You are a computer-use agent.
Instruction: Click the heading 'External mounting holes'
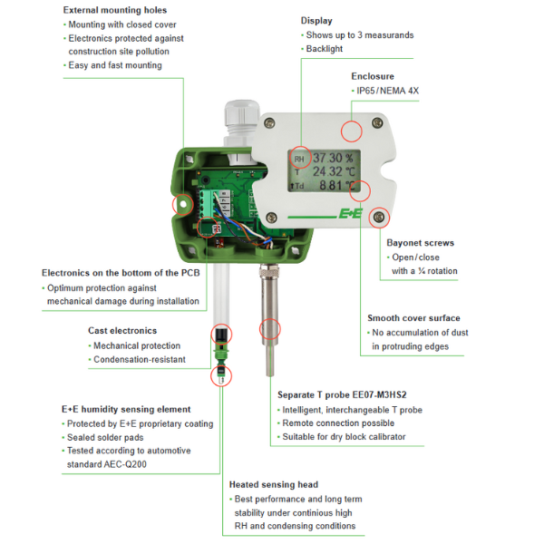coord(115,10)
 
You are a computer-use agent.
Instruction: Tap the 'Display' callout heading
coord(316,21)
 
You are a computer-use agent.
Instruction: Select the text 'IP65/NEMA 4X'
coord(387,91)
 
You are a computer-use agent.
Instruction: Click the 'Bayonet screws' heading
coord(420,243)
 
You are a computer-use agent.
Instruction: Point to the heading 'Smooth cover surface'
coord(413,318)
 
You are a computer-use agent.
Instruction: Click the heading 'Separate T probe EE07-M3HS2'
coord(342,394)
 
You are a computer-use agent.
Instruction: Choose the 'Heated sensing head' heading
coord(274,485)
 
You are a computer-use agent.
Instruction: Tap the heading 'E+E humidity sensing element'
coord(126,410)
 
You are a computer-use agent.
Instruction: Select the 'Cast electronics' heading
coord(122,331)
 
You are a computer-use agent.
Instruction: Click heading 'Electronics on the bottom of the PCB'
coord(121,273)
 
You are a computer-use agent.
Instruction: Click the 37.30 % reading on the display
coord(333,158)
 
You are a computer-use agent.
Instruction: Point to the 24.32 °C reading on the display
coord(334,171)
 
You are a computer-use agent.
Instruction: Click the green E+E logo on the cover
coord(350,213)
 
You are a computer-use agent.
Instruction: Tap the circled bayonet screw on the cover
coord(379,218)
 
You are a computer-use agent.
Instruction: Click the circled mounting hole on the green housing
coord(182,205)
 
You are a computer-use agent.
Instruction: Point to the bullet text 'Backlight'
coord(324,49)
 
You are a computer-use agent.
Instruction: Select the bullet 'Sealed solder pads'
coord(105,438)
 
